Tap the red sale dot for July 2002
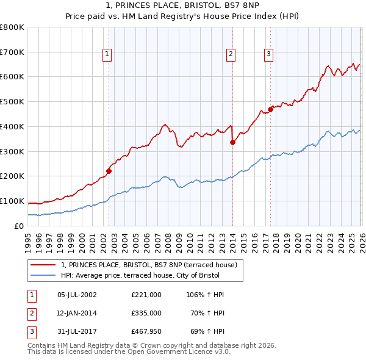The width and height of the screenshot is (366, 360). click(109, 171)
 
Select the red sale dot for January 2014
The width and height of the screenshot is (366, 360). click(232, 143)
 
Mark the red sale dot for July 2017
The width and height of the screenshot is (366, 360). click(271, 110)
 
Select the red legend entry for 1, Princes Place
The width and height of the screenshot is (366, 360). click(152, 264)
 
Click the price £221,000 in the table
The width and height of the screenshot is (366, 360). click(146, 295)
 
